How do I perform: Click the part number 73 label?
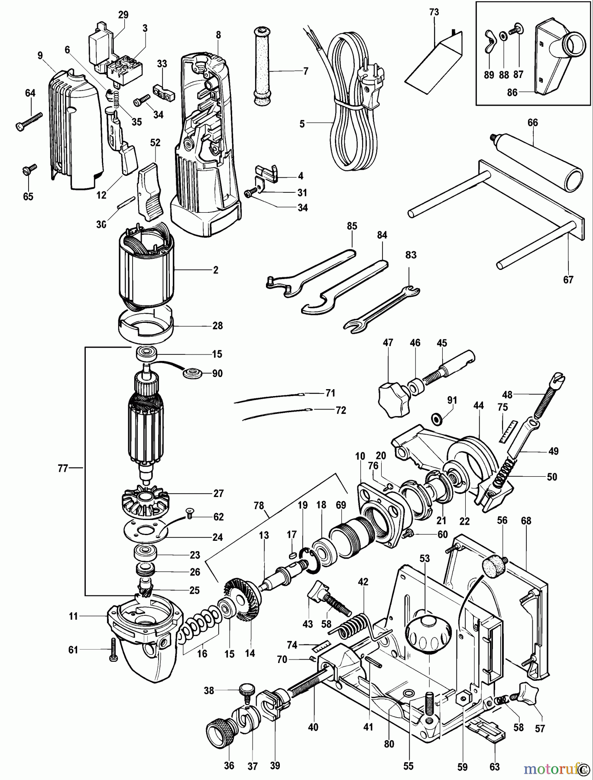[434, 13]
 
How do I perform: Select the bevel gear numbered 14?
[243, 604]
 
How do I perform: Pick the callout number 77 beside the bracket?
[63, 468]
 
